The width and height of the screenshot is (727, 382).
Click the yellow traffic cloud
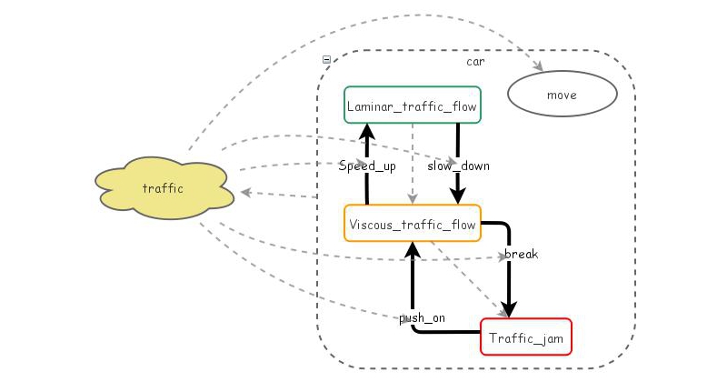point(164,188)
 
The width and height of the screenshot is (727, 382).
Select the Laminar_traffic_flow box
point(413,105)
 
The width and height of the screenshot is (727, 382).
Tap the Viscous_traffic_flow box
point(412,224)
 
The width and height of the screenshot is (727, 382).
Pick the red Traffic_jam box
point(525,337)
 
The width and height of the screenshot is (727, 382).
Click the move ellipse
point(562,95)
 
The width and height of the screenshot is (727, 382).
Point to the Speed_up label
point(367,166)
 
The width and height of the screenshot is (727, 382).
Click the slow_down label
point(458,166)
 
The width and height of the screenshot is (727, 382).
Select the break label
point(521,254)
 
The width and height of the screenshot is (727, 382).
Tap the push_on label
point(422,317)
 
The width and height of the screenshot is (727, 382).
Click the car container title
point(475,62)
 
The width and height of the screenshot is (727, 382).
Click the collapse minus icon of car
point(327,60)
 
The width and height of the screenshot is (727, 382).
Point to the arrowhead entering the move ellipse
point(538,66)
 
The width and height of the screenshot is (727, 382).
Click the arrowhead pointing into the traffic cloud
point(245,193)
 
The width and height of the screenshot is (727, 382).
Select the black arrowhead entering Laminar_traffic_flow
point(366,132)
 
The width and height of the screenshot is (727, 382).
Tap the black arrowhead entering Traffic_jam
point(510,308)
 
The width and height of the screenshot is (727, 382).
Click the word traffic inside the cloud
point(164,189)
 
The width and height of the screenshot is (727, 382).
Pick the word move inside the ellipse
point(562,95)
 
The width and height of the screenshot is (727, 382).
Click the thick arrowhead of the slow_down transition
point(458,196)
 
